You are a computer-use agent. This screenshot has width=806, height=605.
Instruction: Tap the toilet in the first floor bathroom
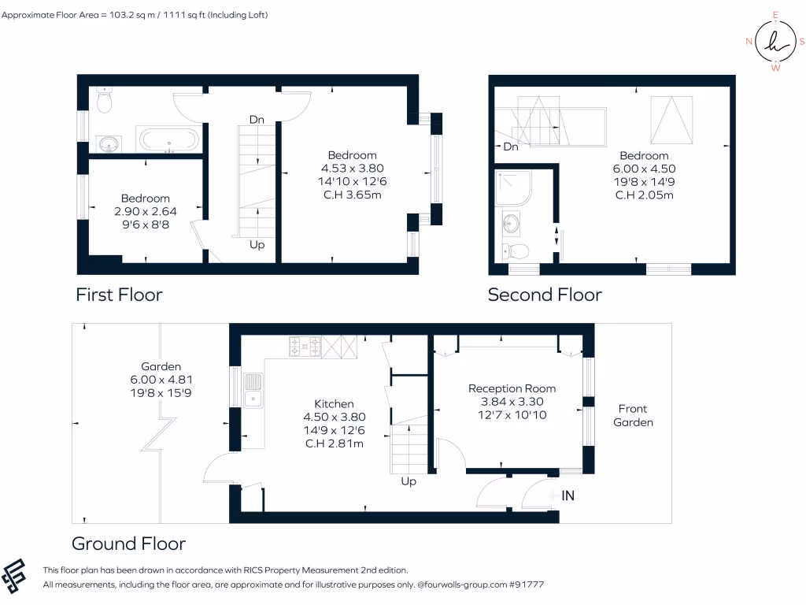coord(104,100)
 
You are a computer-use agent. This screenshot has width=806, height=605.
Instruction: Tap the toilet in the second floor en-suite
coord(517,251)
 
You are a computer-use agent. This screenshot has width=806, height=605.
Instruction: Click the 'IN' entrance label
coord(568,496)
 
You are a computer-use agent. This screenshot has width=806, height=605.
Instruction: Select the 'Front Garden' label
coord(633,415)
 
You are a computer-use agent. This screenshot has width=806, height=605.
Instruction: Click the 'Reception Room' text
coord(512,388)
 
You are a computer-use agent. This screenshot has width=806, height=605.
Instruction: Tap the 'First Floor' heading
coord(119,295)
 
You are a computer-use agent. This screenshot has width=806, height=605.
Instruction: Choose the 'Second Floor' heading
coord(545,295)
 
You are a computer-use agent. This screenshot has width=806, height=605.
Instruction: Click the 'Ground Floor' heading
coord(128,544)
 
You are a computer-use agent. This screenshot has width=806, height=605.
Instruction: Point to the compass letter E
coord(775,15)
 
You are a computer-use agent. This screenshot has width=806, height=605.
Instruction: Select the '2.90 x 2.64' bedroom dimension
coord(145,211)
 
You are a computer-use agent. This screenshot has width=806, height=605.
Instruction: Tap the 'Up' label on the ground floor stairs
coord(409,481)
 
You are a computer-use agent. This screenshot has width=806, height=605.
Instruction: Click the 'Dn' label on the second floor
coord(511,147)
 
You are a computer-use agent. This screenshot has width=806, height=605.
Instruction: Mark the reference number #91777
coord(526,585)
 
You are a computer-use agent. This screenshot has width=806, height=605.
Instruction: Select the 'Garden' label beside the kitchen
coord(161,366)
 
